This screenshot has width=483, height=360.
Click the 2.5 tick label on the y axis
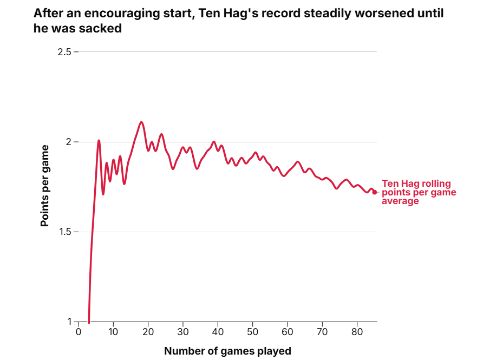pos(64,52)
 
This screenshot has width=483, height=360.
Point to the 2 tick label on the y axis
pos(69,142)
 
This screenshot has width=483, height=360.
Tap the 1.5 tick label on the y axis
pos(64,232)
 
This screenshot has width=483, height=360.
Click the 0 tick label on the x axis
pos(79,331)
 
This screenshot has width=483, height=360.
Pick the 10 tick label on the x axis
pos(113,331)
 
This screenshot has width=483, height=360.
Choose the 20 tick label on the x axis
pos(148,331)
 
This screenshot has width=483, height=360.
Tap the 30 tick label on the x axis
pos(183,331)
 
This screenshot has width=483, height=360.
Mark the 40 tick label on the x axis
pos(218,331)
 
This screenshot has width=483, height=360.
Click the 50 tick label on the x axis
pos(252,331)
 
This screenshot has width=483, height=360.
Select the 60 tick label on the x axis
pos(288,331)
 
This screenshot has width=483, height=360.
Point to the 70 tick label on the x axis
pos(322,331)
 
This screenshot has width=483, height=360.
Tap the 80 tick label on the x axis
pos(357,331)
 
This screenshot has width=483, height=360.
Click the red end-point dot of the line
pos(375,192)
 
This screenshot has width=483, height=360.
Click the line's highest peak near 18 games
pos(141,122)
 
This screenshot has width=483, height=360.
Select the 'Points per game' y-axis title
pos(45,186)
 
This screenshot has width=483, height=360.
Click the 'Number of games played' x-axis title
pos(227,351)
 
